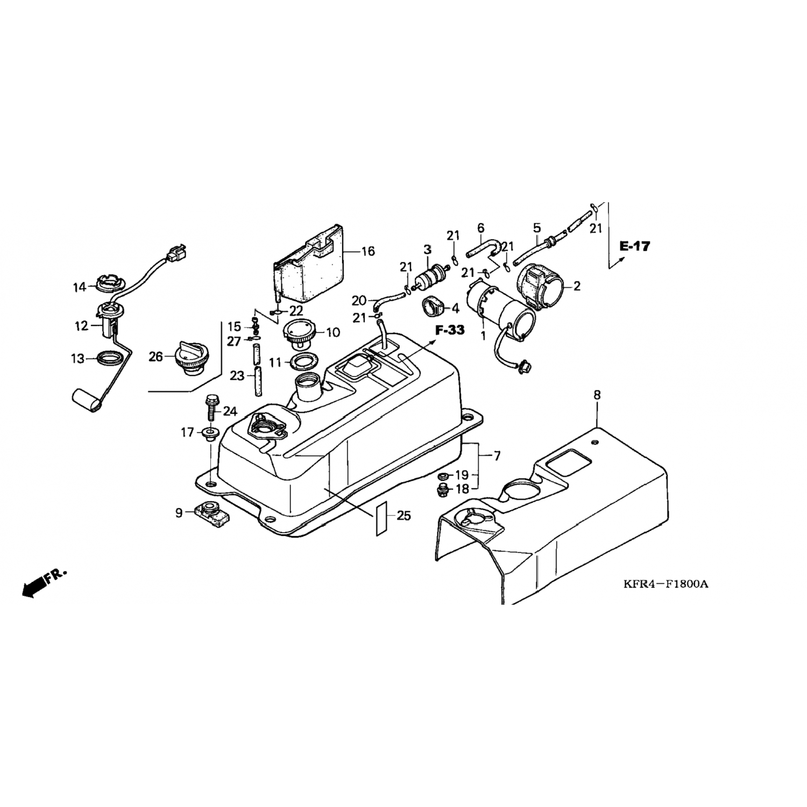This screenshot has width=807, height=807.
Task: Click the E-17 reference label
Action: (x=634, y=246)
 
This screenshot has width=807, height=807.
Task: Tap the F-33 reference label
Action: (x=450, y=330)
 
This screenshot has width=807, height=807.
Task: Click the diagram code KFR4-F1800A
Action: (x=666, y=583)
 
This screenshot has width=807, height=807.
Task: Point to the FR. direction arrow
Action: (x=44, y=583)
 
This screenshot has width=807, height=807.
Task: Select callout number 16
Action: (x=368, y=251)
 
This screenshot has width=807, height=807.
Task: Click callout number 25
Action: (x=403, y=516)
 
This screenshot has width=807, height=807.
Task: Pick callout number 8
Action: (x=597, y=395)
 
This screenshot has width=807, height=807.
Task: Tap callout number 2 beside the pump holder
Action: (x=577, y=286)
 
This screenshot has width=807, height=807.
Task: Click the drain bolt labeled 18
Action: (x=443, y=491)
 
